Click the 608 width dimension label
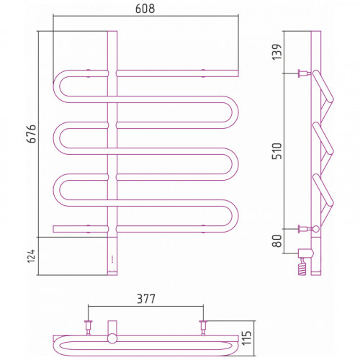point(145,9)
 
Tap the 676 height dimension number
point(32,134)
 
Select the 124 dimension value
point(31,256)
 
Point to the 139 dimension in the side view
point(276,52)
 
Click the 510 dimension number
point(276,151)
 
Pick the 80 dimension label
point(277,240)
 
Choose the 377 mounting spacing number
point(146,299)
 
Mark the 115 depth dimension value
point(246,338)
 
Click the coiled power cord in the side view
point(302,267)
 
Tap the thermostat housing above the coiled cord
point(305,253)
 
